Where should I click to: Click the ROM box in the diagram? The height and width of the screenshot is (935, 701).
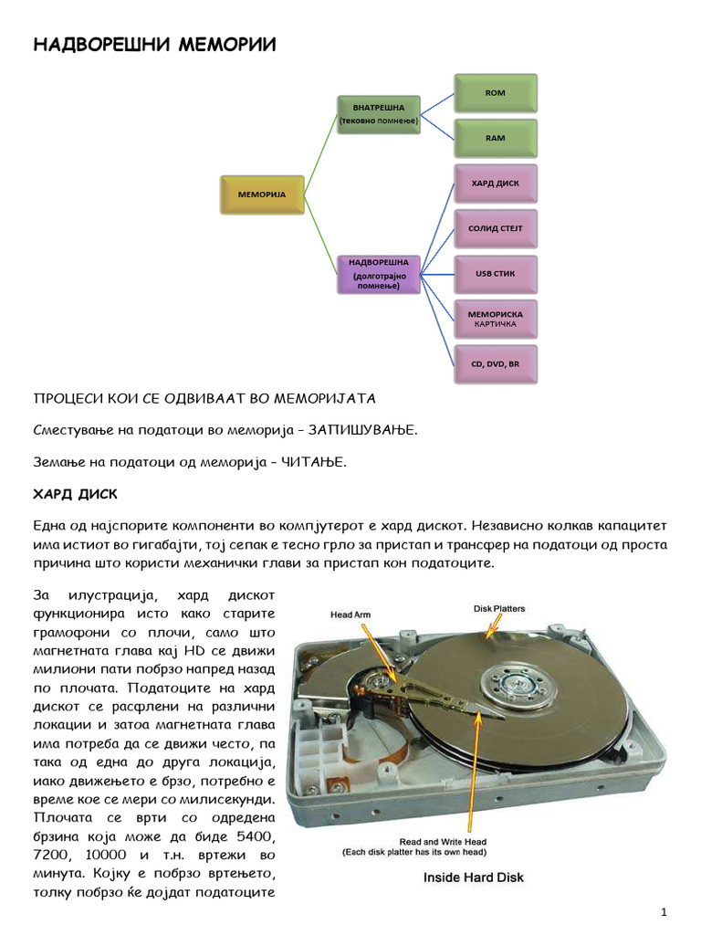[x=495, y=93]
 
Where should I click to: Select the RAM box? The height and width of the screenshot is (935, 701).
[x=495, y=138]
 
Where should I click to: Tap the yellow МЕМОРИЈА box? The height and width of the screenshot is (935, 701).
[x=262, y=195]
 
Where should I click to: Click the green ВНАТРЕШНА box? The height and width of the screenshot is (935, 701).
[x=378, y=114]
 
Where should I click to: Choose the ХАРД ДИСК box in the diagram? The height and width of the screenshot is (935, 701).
[x=495, y=184]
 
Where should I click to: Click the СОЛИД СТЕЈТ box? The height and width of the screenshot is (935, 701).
[x=495, y=228]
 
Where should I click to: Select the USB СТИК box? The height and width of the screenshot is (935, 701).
[x=495, y=274]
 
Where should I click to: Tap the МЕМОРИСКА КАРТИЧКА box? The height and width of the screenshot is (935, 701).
[x=495, y=319]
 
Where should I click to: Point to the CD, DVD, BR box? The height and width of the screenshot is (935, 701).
[x=495, y=364]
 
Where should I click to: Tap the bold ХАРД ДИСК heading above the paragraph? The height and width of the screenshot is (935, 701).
[x=77, y=494]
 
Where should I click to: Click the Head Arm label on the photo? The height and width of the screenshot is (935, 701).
[x=350, y=615]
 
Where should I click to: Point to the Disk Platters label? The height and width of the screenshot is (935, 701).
[x=498, y=607]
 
